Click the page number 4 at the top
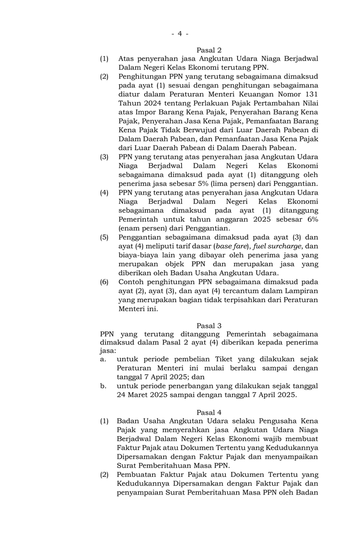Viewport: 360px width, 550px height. tap(179, 34)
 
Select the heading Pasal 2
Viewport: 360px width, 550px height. tap(209, 50)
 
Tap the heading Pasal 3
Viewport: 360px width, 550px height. tap(209, 326)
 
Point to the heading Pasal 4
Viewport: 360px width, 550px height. tap(209, 411)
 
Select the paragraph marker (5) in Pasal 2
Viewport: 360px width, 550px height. tap(104, 237)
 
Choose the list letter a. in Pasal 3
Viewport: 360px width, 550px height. tap(103, 359)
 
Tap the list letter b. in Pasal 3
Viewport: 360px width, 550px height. tap(103, 386)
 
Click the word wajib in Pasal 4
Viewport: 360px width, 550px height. tap(270, 438)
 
